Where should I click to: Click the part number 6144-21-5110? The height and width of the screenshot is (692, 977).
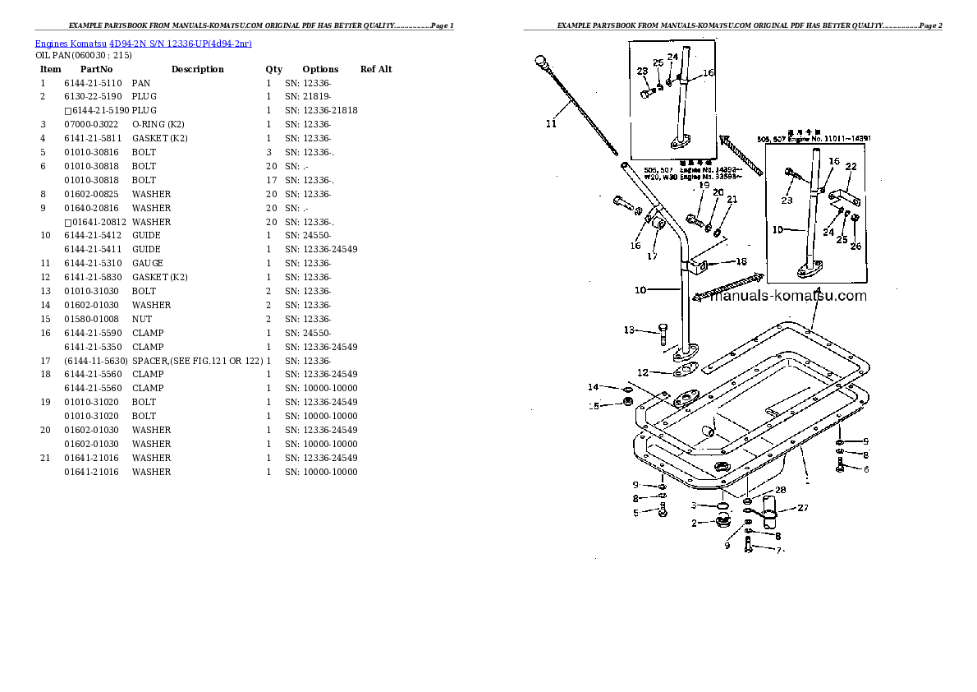coord(93,83)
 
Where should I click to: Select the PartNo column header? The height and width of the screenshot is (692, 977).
coord(96,69)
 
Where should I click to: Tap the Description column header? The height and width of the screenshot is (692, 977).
coord(197,69)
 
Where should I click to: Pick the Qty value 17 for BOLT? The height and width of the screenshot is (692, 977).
coord(270,180)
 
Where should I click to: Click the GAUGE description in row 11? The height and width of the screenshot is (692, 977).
coord(147,263)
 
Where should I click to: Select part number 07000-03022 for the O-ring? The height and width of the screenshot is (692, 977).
coord(93,124)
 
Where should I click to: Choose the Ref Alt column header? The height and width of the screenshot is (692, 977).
coord(376,69)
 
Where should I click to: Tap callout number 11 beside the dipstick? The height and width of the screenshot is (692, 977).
coord(551,124)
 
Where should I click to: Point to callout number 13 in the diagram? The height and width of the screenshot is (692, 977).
coord(629,330)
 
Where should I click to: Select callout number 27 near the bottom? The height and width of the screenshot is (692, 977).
coord(802,507)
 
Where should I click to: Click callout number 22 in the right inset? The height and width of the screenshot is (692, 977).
coord(851,167)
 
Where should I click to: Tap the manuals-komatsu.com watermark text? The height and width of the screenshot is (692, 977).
coord(787,296)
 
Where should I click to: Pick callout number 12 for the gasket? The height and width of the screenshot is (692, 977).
coord(643,372)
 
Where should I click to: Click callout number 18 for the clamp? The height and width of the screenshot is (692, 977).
coord(741,261)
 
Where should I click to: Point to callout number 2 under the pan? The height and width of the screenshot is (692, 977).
coord(694,524)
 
